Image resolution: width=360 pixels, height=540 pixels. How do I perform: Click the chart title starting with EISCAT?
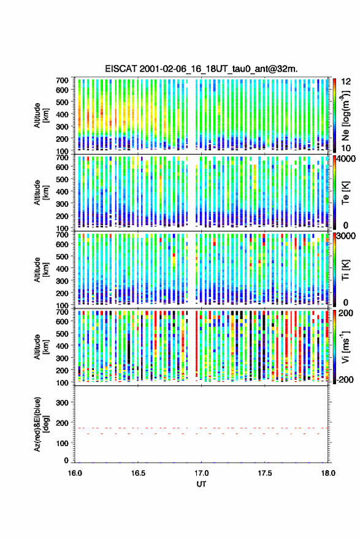[x=201, y=69]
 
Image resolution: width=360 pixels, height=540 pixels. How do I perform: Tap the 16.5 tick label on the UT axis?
[x=138, y=473]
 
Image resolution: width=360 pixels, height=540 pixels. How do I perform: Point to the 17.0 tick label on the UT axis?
[x=201, y=473]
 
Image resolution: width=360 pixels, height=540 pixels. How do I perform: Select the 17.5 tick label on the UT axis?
[x=265, y=473]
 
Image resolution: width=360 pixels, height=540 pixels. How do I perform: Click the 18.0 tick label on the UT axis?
[x=328, y=473]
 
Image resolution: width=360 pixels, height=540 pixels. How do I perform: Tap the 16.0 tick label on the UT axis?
[x=75, y=473]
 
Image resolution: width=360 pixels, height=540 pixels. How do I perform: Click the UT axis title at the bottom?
[x=201, y=484]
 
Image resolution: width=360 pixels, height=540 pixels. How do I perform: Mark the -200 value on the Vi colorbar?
[x=344, y=379]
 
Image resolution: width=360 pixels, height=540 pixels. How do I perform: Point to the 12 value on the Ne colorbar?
[x=347, y=82]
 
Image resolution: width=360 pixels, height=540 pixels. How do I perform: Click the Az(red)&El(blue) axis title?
[x=41, y=424]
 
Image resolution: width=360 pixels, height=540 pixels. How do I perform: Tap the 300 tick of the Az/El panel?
[x=62, y=403]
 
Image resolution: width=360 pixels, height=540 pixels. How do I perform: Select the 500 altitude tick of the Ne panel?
[x=62, y=102]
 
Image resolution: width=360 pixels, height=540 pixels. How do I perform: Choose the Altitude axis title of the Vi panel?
[x=41, y=347]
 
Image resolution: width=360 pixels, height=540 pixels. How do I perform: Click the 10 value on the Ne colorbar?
[x=347, y=148]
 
